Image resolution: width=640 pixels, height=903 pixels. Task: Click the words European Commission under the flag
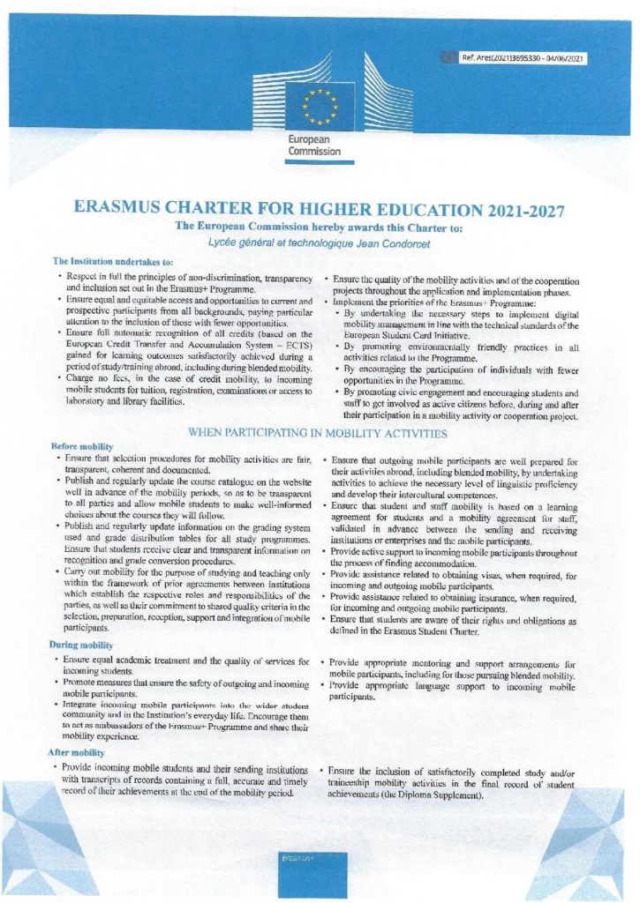pos(314,146)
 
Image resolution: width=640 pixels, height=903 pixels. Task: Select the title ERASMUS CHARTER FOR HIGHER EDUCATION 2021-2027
pos(320,211)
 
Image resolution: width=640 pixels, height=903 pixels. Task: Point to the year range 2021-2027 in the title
pos(514,211)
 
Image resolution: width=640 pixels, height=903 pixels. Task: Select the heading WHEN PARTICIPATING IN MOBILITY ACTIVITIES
pos(319,433)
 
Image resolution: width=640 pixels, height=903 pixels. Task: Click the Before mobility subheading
pos(82,446)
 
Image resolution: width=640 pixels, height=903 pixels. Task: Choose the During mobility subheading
pos(82,646)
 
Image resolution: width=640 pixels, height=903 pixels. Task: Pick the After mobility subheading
pos(79,752)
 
